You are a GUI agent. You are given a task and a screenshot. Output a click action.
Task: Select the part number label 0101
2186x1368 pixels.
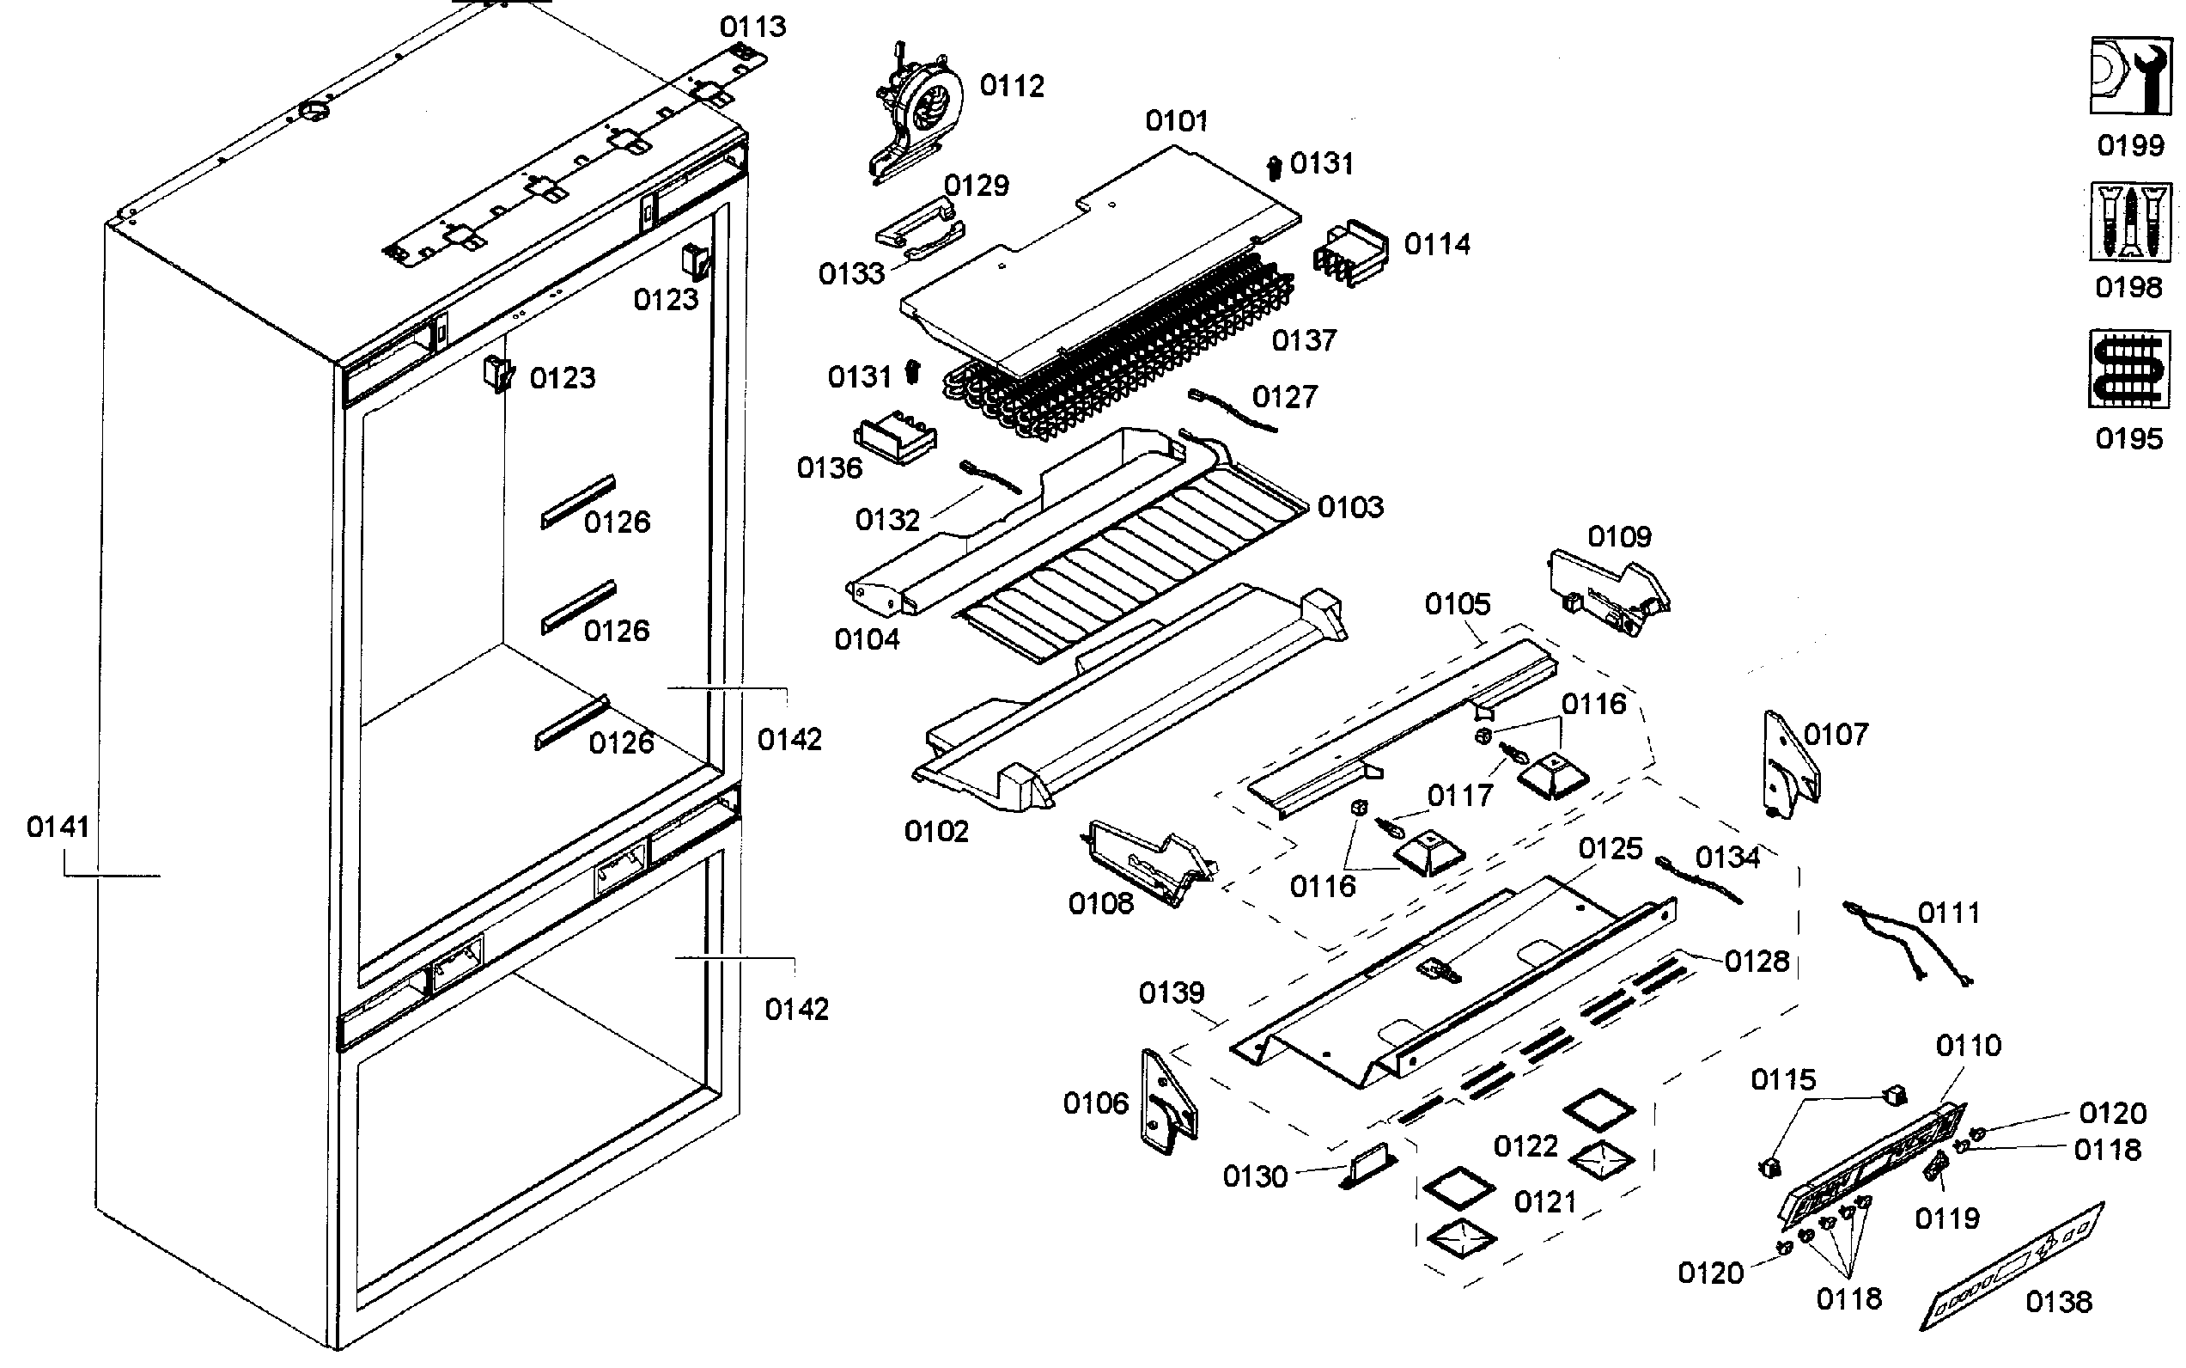(1176, 120)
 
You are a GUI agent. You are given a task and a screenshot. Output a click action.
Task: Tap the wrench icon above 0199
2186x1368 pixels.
(2129, 76)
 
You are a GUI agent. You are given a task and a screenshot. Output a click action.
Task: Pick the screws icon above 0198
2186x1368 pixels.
(2129, 222)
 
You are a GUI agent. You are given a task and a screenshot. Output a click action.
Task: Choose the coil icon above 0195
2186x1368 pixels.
(2129, 369)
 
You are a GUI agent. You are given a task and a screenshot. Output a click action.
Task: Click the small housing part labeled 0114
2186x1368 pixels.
(1351, 253)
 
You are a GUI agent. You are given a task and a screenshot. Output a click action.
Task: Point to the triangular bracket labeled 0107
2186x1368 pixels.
(1789, 765)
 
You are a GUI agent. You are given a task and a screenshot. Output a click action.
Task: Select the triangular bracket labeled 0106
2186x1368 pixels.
(1167, 1101)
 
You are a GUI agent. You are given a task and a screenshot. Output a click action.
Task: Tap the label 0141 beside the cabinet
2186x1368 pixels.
(58, 826)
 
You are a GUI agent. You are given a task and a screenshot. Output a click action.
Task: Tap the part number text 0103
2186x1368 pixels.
(1350, 507)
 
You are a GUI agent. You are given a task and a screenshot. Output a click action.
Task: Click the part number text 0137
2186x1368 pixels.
(1303, 340)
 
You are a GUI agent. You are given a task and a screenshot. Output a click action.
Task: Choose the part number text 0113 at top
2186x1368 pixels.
(752, 27)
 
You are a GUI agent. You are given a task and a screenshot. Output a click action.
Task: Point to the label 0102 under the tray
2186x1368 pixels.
(936, 831)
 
